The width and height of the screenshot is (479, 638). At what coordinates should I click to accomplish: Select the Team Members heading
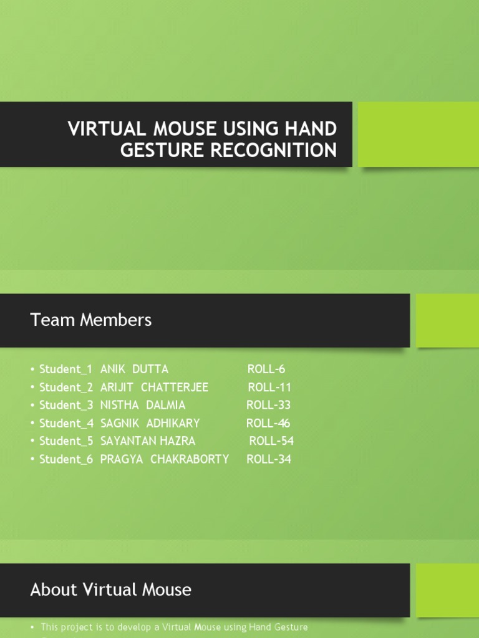91,320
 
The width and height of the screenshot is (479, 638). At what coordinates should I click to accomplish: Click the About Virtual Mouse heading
111,589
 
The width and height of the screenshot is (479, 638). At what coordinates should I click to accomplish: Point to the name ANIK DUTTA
134,369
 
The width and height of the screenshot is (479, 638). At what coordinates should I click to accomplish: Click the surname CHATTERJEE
175,387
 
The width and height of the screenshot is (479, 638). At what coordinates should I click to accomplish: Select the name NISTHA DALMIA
143,405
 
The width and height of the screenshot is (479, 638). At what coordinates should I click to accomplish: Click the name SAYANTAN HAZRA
148,441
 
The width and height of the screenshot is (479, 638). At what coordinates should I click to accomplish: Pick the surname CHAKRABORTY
190,459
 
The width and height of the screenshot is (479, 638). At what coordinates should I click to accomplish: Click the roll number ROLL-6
266,369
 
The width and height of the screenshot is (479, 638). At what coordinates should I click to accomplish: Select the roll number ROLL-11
269,387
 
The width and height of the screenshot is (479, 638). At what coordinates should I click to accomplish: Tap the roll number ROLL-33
268,405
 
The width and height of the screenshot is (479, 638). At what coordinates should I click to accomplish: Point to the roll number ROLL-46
268,423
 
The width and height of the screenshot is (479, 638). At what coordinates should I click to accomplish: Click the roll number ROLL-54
271,441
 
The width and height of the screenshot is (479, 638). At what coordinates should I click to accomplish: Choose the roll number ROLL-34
269,459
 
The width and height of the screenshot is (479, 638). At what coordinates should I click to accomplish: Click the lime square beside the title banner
419,135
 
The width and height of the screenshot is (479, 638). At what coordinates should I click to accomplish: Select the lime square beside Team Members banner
447,320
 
